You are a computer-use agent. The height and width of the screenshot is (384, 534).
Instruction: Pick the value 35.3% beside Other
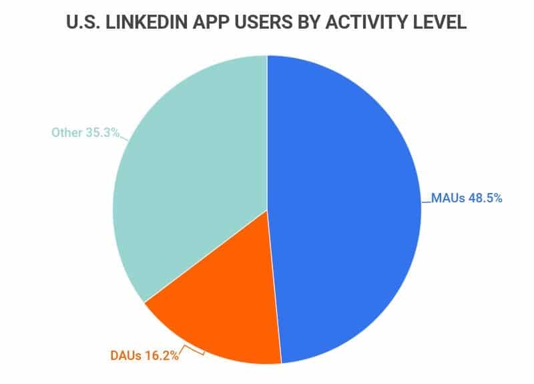105,132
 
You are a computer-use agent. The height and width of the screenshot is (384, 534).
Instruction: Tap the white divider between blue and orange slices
274,287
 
